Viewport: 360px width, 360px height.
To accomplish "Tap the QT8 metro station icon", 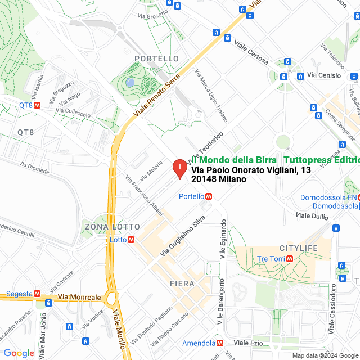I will pyautogui.click(x=37, y=105).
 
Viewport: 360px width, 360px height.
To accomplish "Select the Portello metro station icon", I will pyautogui.click(x=209, y=196).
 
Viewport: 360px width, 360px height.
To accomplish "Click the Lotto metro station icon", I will pyautogui.click(x=131, y=239).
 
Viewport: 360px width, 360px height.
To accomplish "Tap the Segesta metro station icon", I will pyautogui.click(x=37, y=293).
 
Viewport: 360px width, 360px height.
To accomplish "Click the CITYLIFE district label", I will pyautogui.click(x=299, y=248).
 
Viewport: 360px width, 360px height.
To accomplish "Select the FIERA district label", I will pyautogui.click(x=182, y=283).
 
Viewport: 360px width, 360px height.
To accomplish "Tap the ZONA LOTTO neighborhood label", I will pyautogui.click(x=112, y=227).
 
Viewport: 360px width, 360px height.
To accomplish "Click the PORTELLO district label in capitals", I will pyautogui.click(x=157, y=58).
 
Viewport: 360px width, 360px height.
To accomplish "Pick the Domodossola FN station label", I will pyautogui.click(x=328, y=197).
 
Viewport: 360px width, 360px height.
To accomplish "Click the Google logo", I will pyautogui.click(x=19, y=353).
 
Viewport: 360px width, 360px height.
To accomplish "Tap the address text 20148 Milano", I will pyautogui.click(x=219, y=179).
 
